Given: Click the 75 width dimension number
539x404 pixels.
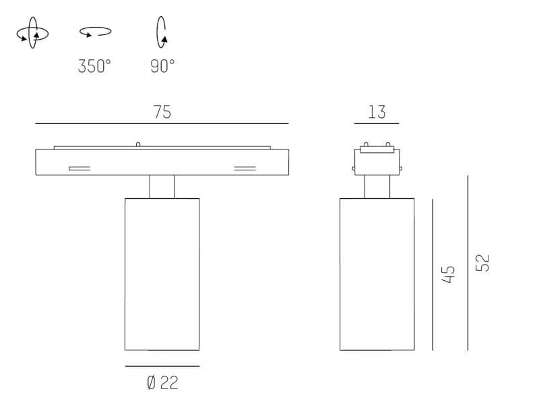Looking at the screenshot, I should click(x=162, y=112).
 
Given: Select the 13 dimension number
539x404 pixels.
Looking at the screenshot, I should click(x=377, y=112).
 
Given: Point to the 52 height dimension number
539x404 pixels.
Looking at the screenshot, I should click(x=483, y=263).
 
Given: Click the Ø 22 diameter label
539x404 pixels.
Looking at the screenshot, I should click(x=162, y=382).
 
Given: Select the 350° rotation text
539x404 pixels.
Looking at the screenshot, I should click(x=94, y=66).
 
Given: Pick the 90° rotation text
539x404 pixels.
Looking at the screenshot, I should click(x=162, y=66).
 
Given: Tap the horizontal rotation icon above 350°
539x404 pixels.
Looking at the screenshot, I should click(x=95, y=32).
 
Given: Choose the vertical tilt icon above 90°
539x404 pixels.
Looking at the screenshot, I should click(x=162, y=32).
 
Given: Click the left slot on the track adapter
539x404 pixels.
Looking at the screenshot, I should click(x=79, y=168).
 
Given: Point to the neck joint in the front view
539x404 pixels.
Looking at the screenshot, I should click(x=162, y=187).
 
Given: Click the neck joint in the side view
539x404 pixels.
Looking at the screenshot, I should click(x=377, y=187).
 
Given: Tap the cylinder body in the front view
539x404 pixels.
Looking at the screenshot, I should click(x=162, y=274).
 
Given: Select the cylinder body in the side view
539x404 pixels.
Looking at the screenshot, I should click(x=377, y=274).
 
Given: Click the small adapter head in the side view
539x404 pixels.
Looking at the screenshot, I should click(x=377, y=160).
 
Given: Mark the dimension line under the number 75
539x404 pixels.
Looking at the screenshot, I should click(x=162, y=124).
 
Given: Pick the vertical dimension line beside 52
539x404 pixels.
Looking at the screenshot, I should click(x=468, y=263).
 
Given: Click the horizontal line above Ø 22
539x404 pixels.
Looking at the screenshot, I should click(x=162, y=366).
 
